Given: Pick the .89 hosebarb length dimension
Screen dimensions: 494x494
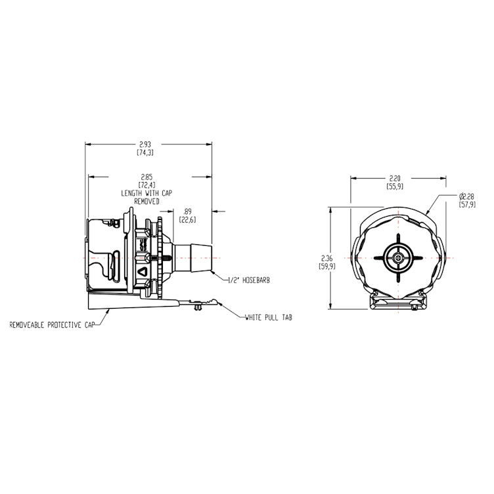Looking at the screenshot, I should [187, 212].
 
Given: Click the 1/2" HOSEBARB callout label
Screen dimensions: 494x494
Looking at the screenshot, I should [249, 280].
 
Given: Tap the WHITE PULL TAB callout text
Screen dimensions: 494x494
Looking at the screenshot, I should [268, 317].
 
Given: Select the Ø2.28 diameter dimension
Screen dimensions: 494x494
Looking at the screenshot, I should [467, 196].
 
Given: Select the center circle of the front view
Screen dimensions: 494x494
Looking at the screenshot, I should [397, 258].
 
